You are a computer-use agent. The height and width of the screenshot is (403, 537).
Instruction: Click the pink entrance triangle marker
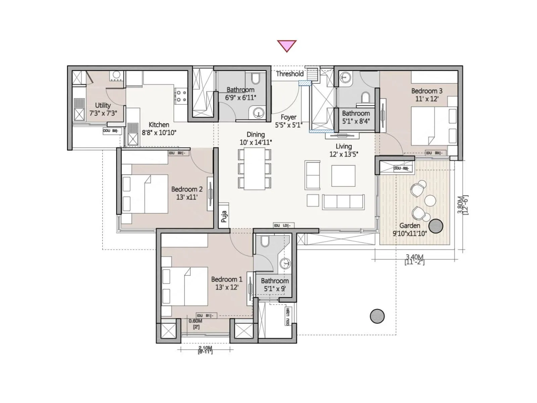[287, 45]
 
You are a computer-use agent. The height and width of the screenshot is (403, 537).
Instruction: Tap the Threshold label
[289, 74]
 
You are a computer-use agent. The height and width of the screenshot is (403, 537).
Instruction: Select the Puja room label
[224, 217]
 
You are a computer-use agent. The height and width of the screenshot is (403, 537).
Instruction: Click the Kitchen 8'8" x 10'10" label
[159, 129]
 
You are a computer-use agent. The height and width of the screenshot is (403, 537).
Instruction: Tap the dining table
[254, 169]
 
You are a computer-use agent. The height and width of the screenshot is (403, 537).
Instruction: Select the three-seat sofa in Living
[343, 202]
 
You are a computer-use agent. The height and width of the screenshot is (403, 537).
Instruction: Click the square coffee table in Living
[343, 176]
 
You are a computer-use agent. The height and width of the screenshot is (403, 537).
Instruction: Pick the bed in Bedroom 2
[145, 194]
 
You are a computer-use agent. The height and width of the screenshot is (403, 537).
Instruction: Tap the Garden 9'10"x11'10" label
[409, 230]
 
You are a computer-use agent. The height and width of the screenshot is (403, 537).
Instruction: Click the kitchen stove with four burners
[181, 96]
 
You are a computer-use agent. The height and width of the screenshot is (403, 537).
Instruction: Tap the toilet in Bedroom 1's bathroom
[265, 241]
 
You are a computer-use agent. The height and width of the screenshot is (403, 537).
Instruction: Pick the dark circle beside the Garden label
[436, 226]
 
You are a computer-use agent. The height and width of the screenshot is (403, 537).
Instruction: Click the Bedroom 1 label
[227, 283]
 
